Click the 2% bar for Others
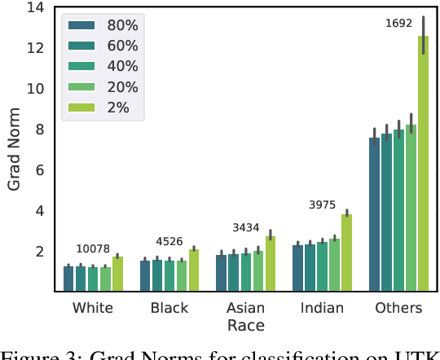(423, 163)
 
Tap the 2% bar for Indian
(346, 252)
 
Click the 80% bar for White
(68, 279)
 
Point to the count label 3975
(323, 205)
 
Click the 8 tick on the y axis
(37, 130)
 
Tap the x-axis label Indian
(323, 308)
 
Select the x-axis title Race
(245, 326)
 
